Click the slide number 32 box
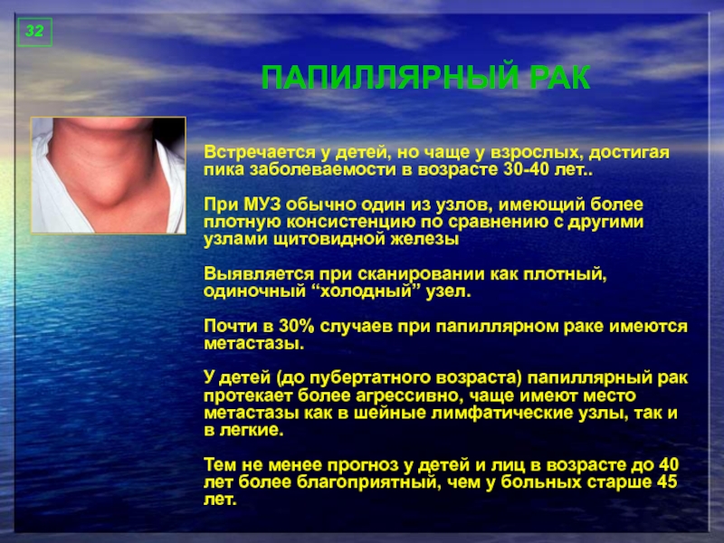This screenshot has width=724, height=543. tap(34, 33)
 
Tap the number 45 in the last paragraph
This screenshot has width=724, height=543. tap(665, 482)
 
